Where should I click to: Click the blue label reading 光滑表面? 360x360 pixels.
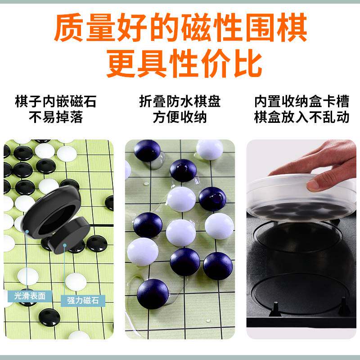pyautogui.click(x=30, y=296)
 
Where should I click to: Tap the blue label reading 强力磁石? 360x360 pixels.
pyautogui.click(x=83, y=301)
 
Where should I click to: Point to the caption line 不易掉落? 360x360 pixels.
pyautogui.click(x=56, y=117)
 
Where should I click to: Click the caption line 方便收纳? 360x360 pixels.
pyautogui.click(x=180, y=117)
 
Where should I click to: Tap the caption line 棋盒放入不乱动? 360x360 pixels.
pyautogui.click(x=301, y=117)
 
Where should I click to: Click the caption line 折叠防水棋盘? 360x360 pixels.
pyautogui.click(x=180, y=101)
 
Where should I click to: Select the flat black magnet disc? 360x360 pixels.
pyautogui.click(x=69, y=235)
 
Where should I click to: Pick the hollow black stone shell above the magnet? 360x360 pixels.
pyautogui.click(x=51, y=212)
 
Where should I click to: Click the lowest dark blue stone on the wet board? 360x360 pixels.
pyautogui.click(x=153, y=294)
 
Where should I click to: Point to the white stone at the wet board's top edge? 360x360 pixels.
pyautogui.click(x=209, y=149)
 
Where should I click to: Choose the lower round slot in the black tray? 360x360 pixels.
pyautogui.click(x=300, y=293)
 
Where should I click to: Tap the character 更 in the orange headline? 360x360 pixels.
pyautogui.click(x=121, y=63)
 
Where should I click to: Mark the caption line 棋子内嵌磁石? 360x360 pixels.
pyautogui.click(x=56, y=101)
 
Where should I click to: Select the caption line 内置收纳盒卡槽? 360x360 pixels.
pyautogui.click(x=301, y=101)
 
